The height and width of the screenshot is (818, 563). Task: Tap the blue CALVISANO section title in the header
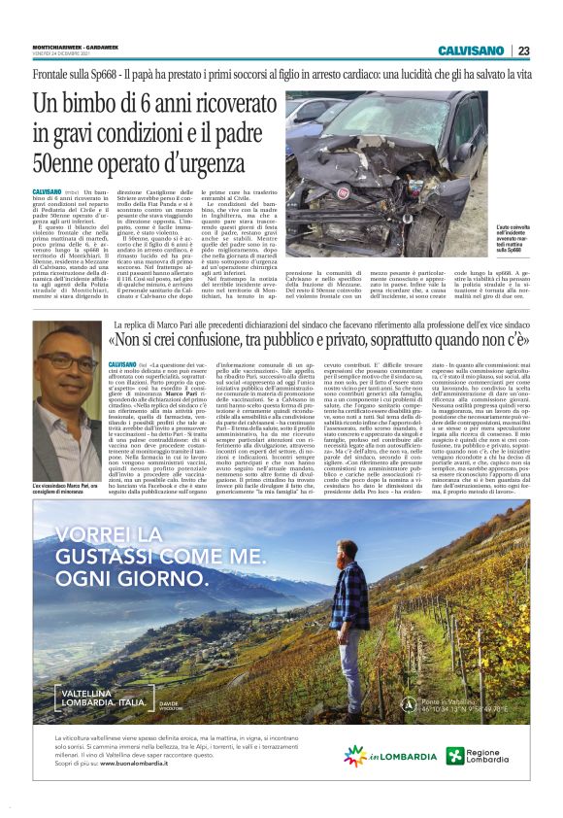470,51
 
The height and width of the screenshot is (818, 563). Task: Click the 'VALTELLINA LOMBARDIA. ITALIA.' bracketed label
107,695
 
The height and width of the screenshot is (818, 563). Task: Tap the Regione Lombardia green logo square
455,755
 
